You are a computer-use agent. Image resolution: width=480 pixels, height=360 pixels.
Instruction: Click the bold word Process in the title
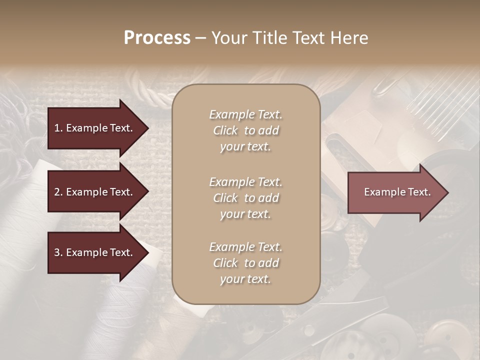[157, 38]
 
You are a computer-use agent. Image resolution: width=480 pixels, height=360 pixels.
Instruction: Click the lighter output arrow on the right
[395, 192]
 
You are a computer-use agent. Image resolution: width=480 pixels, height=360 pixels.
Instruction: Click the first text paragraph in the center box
[245, 130]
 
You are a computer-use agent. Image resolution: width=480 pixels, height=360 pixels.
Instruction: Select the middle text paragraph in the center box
[245, 198]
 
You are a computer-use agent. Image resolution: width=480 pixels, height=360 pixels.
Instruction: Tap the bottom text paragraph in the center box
[245, 263]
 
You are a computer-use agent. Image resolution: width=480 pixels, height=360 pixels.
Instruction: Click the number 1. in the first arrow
[58, 128]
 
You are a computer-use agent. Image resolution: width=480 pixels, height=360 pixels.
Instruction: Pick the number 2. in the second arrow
[58, 192]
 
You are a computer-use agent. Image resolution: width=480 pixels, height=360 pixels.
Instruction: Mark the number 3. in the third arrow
[58, 252]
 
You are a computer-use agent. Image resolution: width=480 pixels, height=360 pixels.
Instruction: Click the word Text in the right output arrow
[419, 192]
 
